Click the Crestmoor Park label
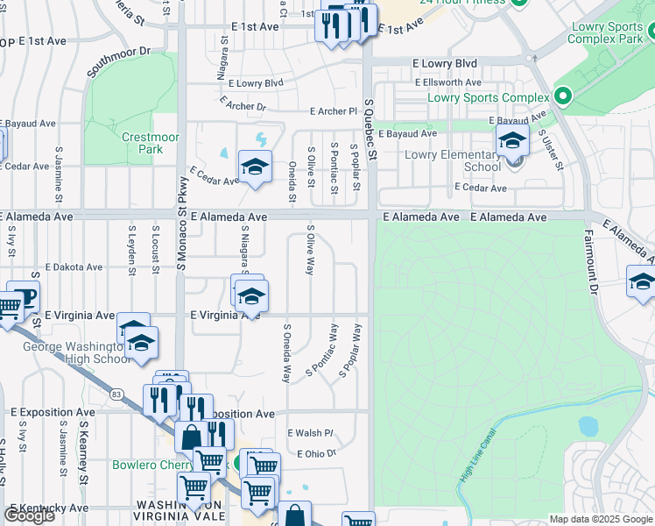tap(143, 143)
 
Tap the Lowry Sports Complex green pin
tap(561, 97)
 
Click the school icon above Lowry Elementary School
tap(512, 140)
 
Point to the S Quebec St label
tap(370, 130)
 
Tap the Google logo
tap(29, 515)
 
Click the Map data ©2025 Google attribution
tap(600, 519)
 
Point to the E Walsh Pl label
tap(311, 433)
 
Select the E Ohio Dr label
tap(316, 453)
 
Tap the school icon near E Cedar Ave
tap(255, 167)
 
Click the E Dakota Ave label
tap(73, 267)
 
